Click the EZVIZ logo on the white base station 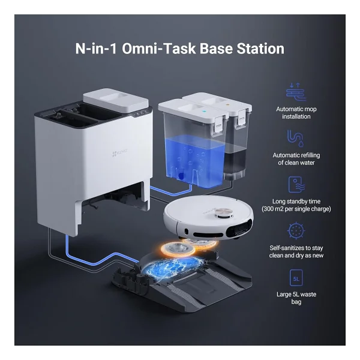click(x=119, y=152)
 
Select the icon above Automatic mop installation click(x=296, y=92)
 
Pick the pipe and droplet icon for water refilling click(x=295, y=138)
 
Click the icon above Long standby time click(x=296, y=184)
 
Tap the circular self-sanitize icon click(x=296, y=230)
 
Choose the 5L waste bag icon click(x=296, y=278)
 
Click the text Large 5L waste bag click(x=296, y=298)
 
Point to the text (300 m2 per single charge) click(x=296, y=209)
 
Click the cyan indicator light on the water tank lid click(x=203, y=112)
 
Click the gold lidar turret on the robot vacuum click(x=223, y=213)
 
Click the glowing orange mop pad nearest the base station click(x=178, y=248)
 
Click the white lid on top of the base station click(x=116, y=101)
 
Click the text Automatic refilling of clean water click(x=296, y=159)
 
